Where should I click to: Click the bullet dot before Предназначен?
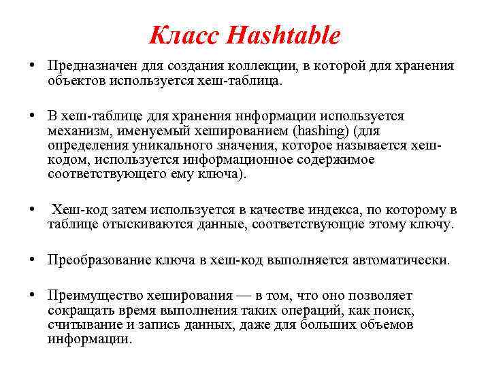tap(33, 66)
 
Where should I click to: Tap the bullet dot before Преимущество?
tap(33, 296)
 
